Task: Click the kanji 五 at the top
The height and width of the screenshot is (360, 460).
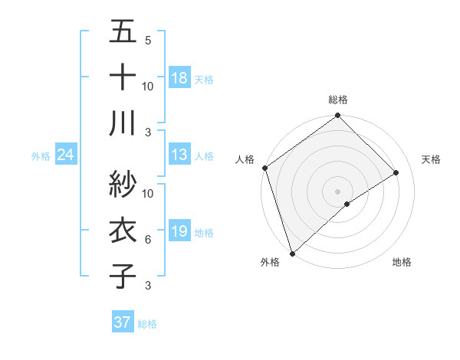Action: pyautogui.click(x=123, y=34)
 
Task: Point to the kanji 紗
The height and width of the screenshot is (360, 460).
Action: pyautogui.click(x=123, y=184)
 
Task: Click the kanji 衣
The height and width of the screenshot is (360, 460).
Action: pyautogui.click(x=123, y=231)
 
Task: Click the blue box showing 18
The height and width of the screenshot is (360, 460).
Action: pyautogui.click(x=179, y=77)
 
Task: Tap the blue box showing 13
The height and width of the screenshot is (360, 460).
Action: pyautogui.click(x=179, y=155)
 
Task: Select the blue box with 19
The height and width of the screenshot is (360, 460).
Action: pyautogui.click(x=179, y=231)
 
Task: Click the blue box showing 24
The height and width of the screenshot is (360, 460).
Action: pyautogui.click(x=66, y=155)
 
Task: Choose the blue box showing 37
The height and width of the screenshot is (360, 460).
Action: pyautogui.click(x=123, y=322)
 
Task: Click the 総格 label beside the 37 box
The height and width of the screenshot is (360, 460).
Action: pyautogui.click(x=147, y=324)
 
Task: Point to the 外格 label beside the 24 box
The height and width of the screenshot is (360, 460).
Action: pyautogui.click(x=41, y=156)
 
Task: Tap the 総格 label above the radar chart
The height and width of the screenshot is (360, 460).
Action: pyautogui.click(x=338, y=100)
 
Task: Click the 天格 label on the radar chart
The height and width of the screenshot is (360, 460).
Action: pyautogui.click(x=432, y=159)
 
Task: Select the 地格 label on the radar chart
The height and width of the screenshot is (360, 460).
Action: pyautogui.click(x=402, y=263)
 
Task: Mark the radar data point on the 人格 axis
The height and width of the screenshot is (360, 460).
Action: pyautogui.click(x=264, y=168)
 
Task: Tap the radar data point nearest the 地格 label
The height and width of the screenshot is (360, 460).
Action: pyautogui.click(x=347, y=204)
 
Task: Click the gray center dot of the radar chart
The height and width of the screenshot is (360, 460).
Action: pyautogui.click(x=338, y=190)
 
